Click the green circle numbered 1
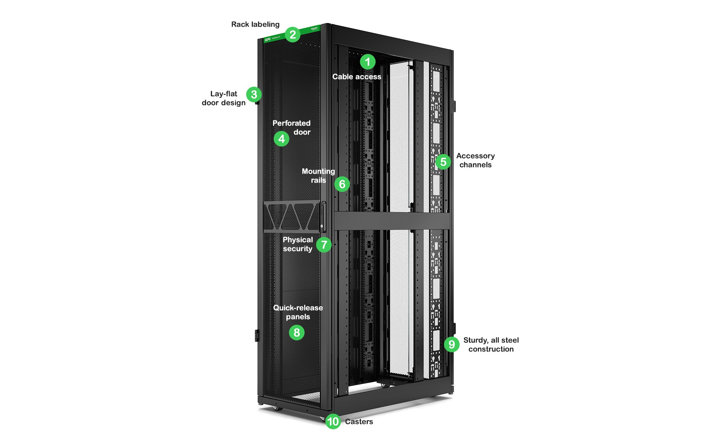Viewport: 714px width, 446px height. (x=367, y=62)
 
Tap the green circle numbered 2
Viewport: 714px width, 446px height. (x=293, y=35)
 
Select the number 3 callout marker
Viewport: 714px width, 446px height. (x=254, y=94)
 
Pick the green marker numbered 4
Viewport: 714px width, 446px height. (x=282, y=139)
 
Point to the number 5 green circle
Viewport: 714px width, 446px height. (x=443, y=162)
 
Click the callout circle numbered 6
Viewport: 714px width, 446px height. (x=342, y=184)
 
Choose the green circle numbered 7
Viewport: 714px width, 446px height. (x=324, y=245)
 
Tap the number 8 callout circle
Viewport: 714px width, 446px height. (x=296, y=333)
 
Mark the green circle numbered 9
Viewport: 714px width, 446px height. (x=451, y=344)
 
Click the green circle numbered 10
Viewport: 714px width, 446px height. (x=333, y=421)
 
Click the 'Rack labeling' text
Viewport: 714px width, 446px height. (x=255, y=25)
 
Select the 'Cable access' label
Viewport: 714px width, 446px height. (x=357, y=77)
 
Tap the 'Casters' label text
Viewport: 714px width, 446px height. (x=359, y=422)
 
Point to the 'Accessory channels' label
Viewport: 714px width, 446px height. (x=475, y=160)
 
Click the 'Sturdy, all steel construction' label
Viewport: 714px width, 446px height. (x=491, y=345)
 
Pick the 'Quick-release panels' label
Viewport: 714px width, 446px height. (x=298, y=312)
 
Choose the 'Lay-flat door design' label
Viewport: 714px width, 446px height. (x=223, y=98)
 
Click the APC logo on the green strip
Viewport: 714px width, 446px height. (x=268, y=39)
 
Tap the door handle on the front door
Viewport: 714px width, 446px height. (x=323, y=217)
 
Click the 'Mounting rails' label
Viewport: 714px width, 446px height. (x=318, y=176)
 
